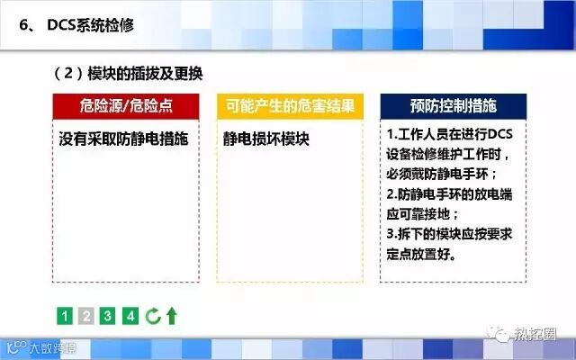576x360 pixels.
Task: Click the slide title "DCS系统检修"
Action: [90, 25]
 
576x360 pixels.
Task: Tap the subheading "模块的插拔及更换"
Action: [145, 74]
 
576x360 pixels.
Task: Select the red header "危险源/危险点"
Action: [126, 106]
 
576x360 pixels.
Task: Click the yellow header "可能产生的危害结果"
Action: [290, 106]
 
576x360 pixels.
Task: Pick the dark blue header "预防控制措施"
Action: [454, 106]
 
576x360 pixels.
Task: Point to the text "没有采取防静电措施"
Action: [123, 139]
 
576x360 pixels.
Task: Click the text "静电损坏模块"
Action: [266, 139]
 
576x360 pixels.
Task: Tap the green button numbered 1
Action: [65, 316]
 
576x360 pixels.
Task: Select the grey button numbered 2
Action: [86, 316]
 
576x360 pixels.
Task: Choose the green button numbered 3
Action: [107, 316]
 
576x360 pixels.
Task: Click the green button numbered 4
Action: [130, 316]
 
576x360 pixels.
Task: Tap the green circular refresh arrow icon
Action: [153, 316]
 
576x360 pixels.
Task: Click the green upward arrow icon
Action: [172, 316]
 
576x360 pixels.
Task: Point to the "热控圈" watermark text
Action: [535, 334]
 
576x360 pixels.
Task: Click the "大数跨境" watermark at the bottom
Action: [53, 347]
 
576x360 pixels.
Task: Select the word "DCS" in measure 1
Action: [500, 134]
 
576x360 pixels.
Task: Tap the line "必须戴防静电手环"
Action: [441, 174]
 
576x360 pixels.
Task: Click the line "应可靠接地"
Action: [422, 214]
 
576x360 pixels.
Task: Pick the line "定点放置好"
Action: [421, 254]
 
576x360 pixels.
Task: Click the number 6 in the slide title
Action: [24, 25]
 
